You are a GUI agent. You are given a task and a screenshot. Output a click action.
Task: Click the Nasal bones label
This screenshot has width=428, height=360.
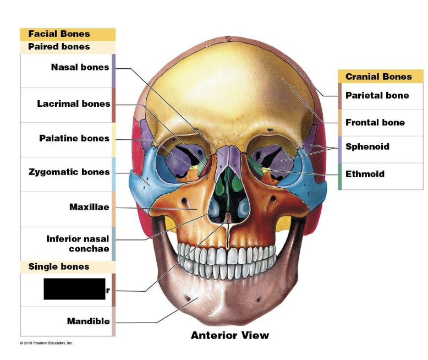pos(80,68)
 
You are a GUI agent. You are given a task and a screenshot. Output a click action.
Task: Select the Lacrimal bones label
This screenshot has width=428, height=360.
pos(74,104)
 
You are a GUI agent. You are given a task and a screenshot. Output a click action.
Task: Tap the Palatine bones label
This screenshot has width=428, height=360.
pos(74,138)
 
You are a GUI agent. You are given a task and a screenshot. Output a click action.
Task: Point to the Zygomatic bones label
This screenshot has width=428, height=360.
pos(69,172)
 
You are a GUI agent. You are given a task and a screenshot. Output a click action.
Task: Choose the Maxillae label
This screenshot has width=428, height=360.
pos(89,208)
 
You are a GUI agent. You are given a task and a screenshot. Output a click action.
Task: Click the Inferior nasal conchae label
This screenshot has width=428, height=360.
pos(78,244)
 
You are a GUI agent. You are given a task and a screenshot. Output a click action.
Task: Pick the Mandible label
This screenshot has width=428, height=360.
pos(88,321)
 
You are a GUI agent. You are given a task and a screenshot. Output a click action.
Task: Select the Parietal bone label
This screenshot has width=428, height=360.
pos(377,96)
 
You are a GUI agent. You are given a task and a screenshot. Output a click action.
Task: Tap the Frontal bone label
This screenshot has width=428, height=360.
pos(375,123)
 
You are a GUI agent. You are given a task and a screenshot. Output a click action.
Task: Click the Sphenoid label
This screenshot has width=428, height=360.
pos(367,147)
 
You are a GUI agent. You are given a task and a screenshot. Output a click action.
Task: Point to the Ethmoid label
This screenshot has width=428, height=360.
pos(365,174)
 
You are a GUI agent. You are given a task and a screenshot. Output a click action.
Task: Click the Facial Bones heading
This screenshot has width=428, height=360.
pos(59,34)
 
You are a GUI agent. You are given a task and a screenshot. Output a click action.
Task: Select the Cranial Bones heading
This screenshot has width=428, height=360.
pos(378,77)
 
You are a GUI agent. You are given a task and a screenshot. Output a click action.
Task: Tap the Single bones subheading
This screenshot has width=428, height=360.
pos(58,267)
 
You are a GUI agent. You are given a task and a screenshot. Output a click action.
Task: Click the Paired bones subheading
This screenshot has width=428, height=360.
pos(59,47)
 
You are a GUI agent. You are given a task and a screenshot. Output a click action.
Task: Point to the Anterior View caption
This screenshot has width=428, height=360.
pos(230,335)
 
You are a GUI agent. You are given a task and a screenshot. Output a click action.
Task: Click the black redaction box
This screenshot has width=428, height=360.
pos(74,289)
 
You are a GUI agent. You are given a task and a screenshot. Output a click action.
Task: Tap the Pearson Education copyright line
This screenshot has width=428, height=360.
pos(46,343)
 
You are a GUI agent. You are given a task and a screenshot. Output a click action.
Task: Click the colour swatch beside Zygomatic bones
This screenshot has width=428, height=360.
pos(113,174)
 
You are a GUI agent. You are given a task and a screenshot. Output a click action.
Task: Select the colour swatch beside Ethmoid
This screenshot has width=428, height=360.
pos(340,176)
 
